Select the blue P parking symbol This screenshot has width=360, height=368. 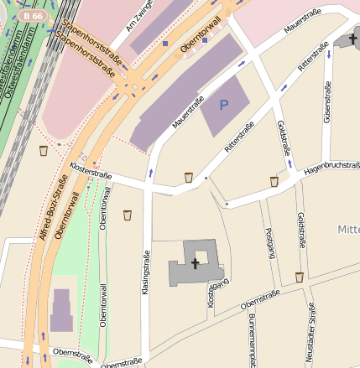pyautogui.click(x=223, y=105)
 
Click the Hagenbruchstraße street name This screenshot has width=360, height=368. pyautogui.click(x=331, y=167)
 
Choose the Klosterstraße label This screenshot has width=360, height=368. pyautogui.click(x=91, y=171)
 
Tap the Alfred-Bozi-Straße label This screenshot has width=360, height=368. pyautogui.click(x=52, y=206)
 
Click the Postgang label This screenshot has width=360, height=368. pyautogui.click(x=269, y=243)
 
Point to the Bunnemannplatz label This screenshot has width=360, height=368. pyautogui.click(x=251, y=339)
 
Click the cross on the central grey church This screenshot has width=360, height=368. pyautogui.click(x=196, y=263)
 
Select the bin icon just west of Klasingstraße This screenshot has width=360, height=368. pyautogui.click(x=128, y=215)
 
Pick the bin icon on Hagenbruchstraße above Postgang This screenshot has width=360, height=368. pyautogui.click(x=274, y=181)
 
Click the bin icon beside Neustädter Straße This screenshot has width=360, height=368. pyautogui.click(x=299, y=277)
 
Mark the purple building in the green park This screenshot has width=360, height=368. pyautogui.click(x=61, y=310)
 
